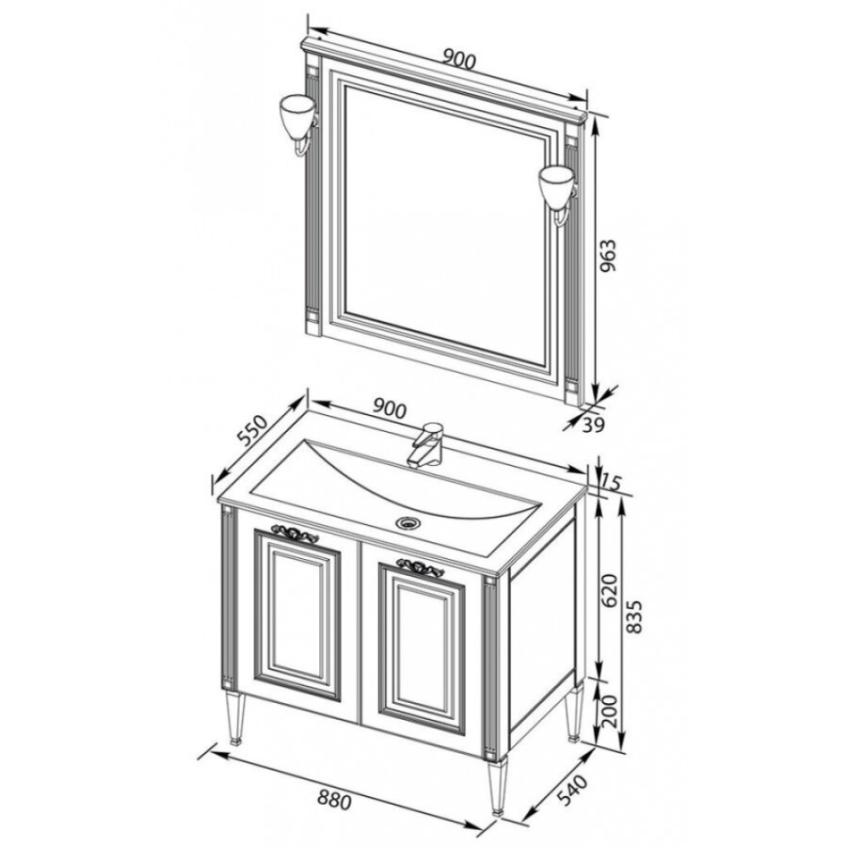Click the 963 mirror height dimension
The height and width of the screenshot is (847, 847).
[x=608, y=255]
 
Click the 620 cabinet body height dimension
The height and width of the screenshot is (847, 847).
[x=609, y=591]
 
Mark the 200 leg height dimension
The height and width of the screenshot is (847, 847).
[x=610, y=711]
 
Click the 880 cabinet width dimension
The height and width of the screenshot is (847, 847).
[x=334, y=799]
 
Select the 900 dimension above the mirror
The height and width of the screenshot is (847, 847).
[x=458, y=59]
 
